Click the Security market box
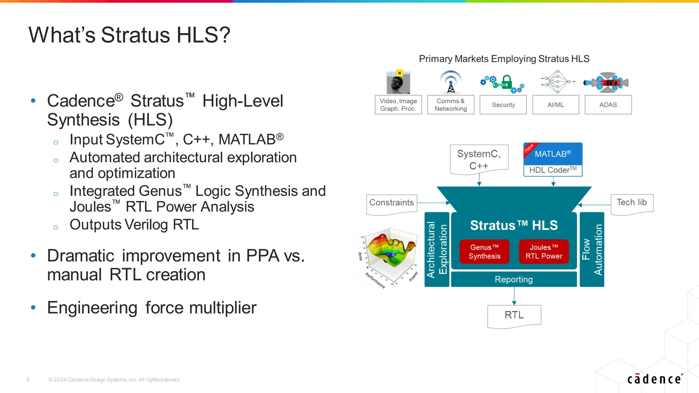[503, 105]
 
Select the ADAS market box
[608, 105]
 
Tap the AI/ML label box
[555, 105]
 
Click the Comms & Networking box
[451, 105]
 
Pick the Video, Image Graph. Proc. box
[398, 105]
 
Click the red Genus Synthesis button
[484, 252]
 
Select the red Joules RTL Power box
[544, 252]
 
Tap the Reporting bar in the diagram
[514, 279]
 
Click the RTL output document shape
[514, 316]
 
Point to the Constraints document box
[391, 204]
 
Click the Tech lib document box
[631, 203]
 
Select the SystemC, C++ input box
[479, 159]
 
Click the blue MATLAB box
[553, 154]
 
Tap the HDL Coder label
[553, 170]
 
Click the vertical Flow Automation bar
[592, 249]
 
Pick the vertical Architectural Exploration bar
[437, 249]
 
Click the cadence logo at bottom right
[655, 379]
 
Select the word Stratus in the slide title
[135, 35]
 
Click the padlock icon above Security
[507, 82]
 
